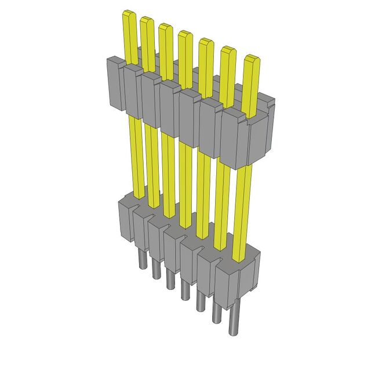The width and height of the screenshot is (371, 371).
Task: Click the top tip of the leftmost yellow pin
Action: (x=128, y=14)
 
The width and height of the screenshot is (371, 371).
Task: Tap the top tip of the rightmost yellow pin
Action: (x=250, y=59)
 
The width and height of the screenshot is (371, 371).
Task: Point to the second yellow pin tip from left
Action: (x=146, y=21)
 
